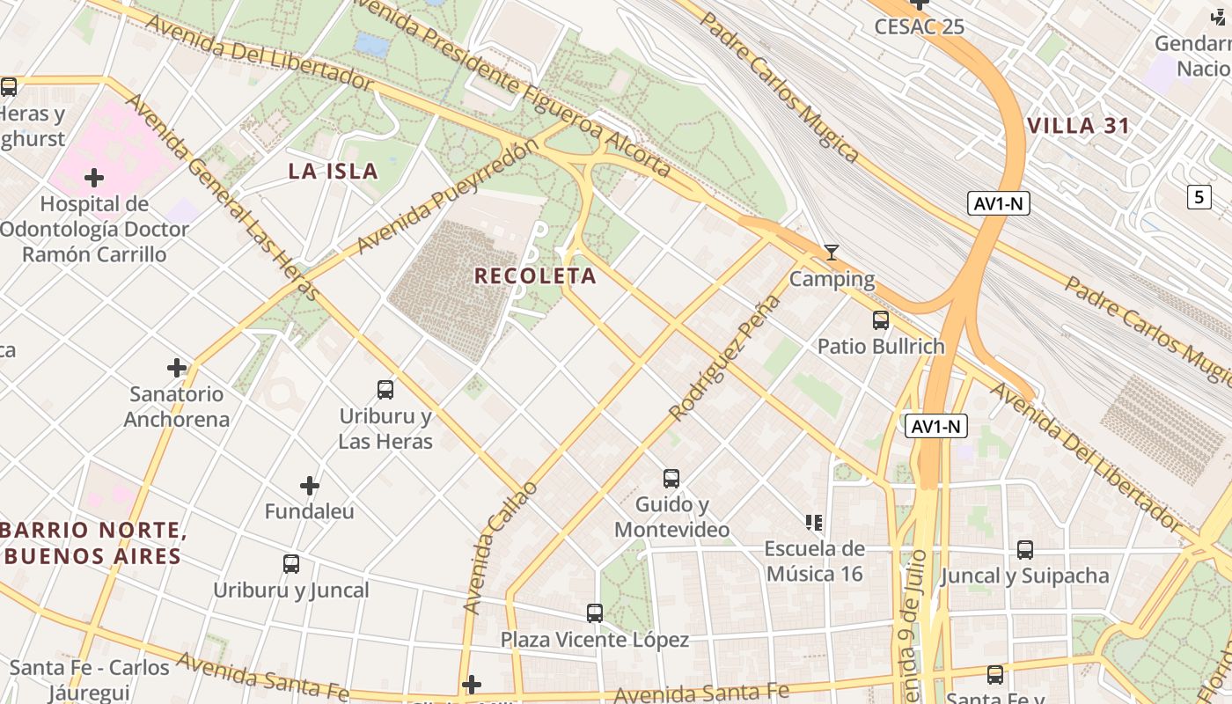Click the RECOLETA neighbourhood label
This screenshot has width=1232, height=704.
[x=535, y=275]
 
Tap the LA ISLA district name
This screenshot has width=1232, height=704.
[x=333, y=171]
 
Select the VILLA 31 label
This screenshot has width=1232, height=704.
[x=1078, y=126]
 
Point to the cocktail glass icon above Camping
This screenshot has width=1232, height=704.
[x=832, y=253]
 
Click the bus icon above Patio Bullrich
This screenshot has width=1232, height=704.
[x=881, y=320]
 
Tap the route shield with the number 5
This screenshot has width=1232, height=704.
[x=1199, y=197]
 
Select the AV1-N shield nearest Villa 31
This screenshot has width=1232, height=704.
[x=999, y=204]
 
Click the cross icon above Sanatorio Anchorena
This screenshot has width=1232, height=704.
[x=177, y=367]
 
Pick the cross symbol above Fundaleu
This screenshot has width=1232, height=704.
[x=310, y=485]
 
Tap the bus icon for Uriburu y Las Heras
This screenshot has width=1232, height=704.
[x=385, y=389]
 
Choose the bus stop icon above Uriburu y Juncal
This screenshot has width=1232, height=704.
[x=291, y=563]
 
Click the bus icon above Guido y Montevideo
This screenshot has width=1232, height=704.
[x=671, y=479]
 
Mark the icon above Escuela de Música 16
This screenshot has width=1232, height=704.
[x=814, y=523]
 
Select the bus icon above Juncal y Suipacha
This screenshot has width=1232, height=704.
[x=1025, y=550]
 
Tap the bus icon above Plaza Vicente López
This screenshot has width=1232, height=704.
[x=595, y=612]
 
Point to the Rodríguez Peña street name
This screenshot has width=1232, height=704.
[x=725, y=357]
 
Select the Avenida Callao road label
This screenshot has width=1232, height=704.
[x=499, y=547]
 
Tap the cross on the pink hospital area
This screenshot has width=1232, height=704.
[x=94, y=178]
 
